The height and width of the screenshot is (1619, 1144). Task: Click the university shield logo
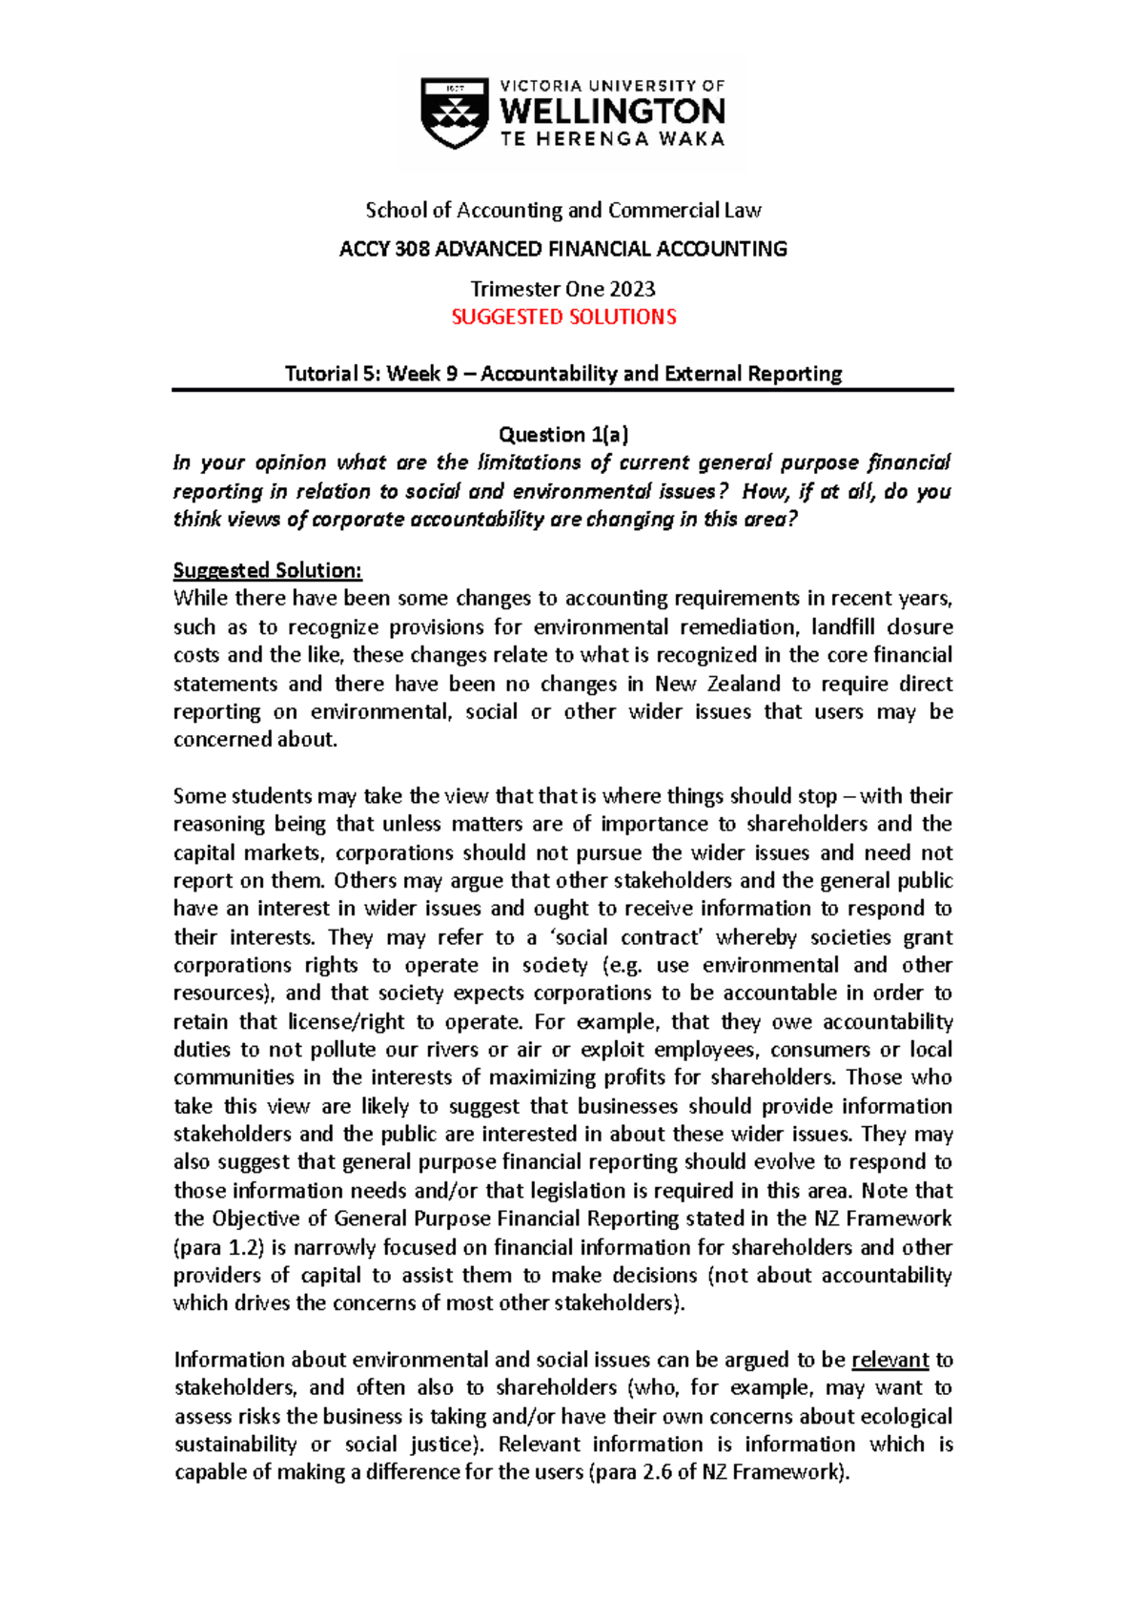(455, 113)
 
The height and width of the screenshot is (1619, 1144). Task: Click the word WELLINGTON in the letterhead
(612, 112)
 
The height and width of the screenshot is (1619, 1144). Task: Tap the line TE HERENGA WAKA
(612, 139)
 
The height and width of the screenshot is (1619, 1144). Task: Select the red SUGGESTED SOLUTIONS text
(563, 318)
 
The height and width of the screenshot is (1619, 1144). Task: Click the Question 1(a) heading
(563, 435)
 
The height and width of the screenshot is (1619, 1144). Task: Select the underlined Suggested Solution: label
(267, 571)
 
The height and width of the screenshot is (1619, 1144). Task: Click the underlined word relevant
(889, 1361)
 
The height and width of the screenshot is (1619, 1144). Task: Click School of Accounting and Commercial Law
(563, 211)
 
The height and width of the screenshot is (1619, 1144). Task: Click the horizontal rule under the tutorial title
(562, 390)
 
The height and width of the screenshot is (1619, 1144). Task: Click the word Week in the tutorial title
(414, 374)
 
